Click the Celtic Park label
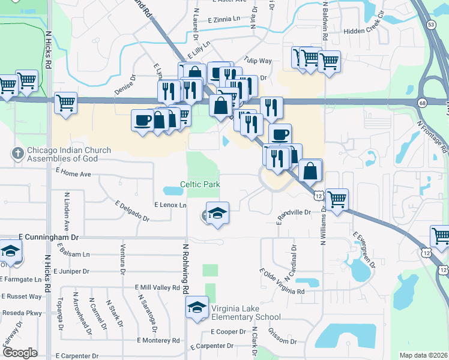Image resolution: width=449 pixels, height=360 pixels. pos(200,184)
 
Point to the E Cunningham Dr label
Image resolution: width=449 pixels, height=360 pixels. pos(49,238)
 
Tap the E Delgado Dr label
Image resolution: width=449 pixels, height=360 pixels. pos(130,213)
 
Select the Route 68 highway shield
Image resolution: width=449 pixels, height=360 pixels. pos(423,103)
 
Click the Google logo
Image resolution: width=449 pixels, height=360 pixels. pos(20,353)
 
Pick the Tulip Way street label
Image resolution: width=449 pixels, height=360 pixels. pos(258,61)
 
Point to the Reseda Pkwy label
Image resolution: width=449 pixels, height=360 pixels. pos(21,313)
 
